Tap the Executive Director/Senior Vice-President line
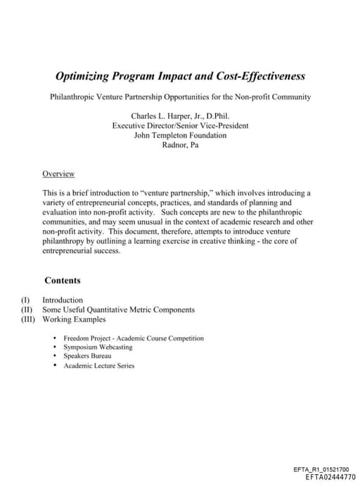[x=180, y=125]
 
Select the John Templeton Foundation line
[x=180, y=135]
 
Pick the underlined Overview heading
[x=58, y=174]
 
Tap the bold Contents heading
[x=62, y=280]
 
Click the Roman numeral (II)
[x=27, y=310]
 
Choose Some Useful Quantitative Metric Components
[x=118, y=310]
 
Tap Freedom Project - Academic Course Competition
[x=133, y=338]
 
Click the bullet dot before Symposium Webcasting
[x=55, y=348]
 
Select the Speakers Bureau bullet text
[x=87, y=356]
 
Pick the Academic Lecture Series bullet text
[x=98, y=366]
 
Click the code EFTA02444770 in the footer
[x=330, y=476]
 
